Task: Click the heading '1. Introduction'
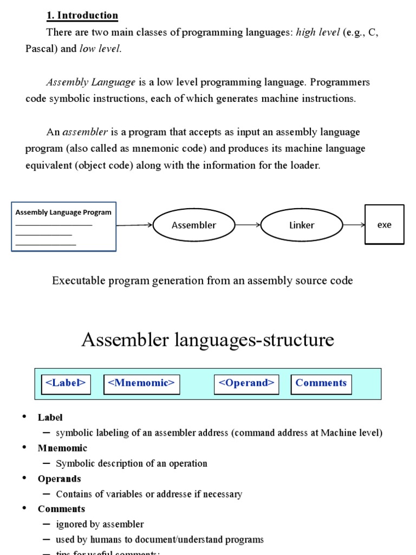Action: [82, 15]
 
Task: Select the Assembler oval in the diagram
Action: [194, 225]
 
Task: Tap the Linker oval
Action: [302, 225]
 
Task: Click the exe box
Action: [385, 224]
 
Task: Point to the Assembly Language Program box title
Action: [63, 212]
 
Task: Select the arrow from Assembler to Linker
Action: [248, 225]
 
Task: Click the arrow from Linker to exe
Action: [354, 225]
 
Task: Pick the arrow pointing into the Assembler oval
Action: [134, 225]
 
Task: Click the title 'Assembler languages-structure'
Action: [207, 340]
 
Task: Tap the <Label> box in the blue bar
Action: [66, 383]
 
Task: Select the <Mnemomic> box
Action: [141, 383]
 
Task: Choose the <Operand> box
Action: [246, 383]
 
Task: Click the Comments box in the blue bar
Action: [321, 383]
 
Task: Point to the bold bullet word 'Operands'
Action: [60, 479]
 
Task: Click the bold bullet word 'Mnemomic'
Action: [62, 448]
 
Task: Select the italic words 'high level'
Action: [318, 33]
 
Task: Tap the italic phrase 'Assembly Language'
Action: [91, 82]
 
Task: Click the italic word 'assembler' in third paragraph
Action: [86, 132]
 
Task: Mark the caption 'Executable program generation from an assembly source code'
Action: [203, 281]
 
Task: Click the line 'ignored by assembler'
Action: [100, 524]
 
